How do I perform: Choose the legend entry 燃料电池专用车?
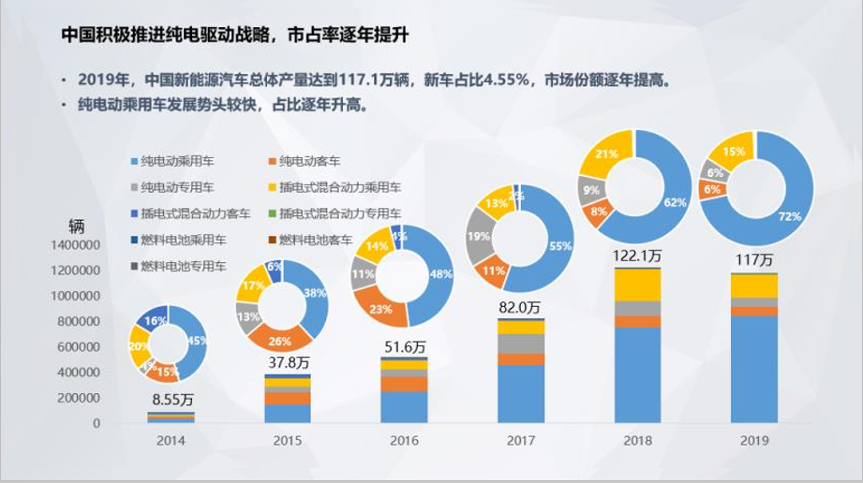tap(184, 267)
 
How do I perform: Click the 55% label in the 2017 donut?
tap(560, 245)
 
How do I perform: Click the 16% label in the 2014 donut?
tap(151, 320)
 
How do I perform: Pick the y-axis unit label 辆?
tap(76, 226)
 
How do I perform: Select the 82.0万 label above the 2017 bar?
tap(519, 306)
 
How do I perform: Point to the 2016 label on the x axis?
tap(404, 440)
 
